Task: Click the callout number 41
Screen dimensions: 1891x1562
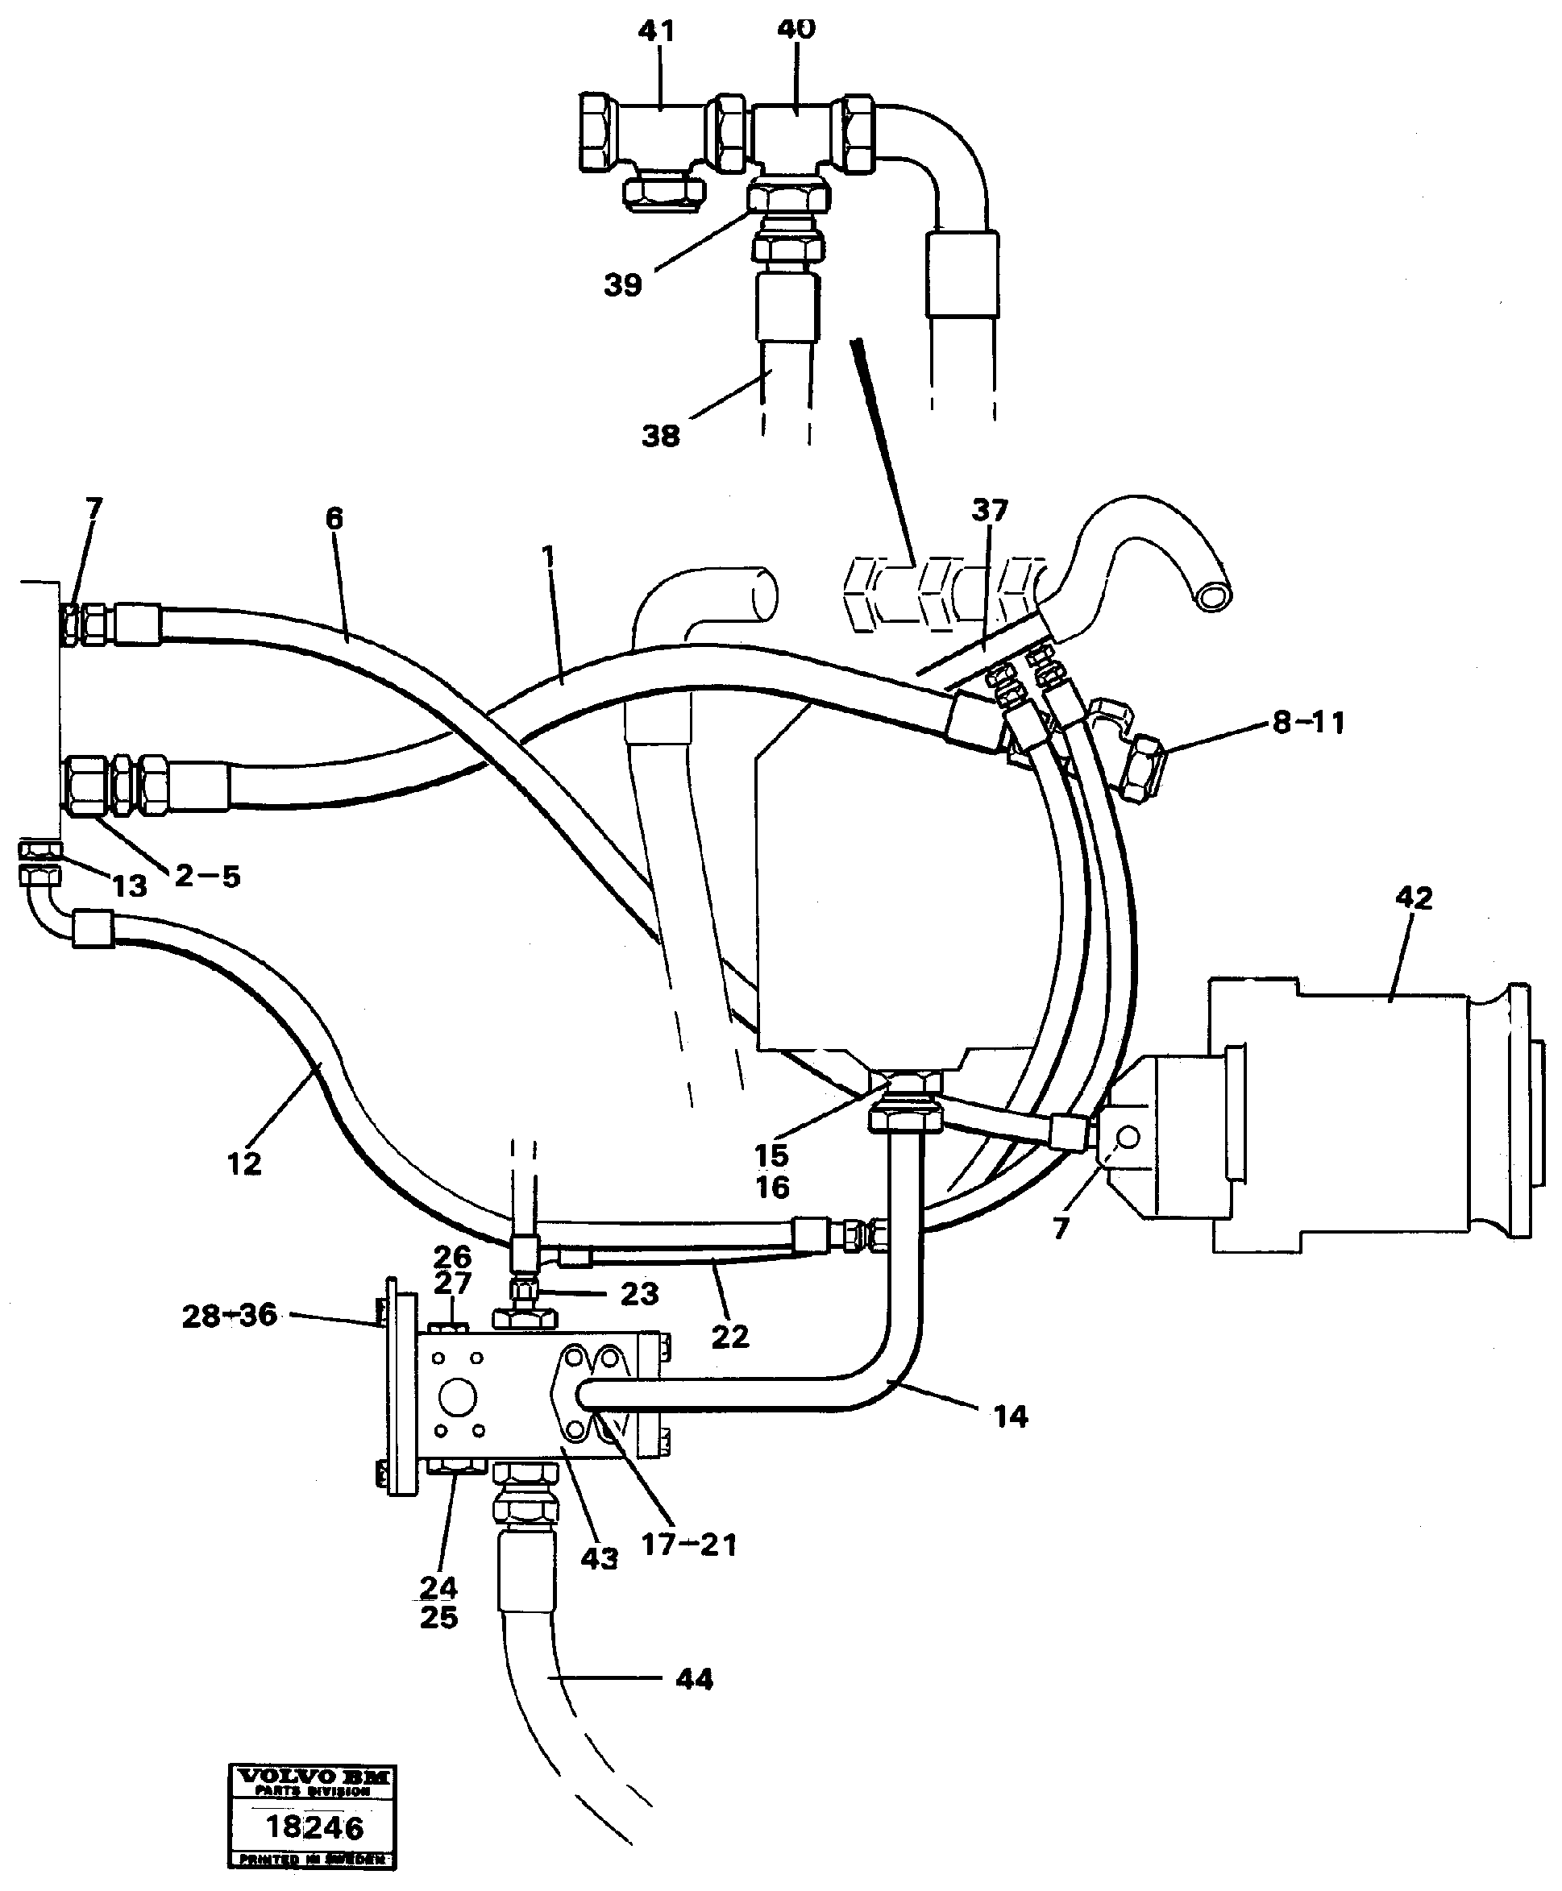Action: click(656, 31)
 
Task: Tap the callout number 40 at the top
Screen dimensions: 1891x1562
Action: click(796, 30)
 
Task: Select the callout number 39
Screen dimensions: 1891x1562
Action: click(623, 286)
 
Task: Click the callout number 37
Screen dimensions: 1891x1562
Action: click(990, 511)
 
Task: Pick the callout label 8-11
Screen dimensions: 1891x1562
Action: click(1308, 723)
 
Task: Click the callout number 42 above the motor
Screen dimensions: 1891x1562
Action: click(1414, 898)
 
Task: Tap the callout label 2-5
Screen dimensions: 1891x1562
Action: click(208, 877)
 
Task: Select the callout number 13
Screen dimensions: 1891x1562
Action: click(129, 886)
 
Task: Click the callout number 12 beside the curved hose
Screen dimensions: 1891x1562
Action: click(244, 1163)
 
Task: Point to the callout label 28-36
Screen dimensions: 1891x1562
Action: click(230, 1317)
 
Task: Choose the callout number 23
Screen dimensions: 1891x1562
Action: click(639, 1294)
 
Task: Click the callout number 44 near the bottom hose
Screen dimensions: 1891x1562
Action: click(694, 1680)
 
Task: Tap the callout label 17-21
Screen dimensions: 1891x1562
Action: click(688, 1545)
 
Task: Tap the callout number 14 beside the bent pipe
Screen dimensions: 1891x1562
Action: click(1010, 1418)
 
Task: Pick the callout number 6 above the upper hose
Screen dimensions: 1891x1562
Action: click(334, 518)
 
